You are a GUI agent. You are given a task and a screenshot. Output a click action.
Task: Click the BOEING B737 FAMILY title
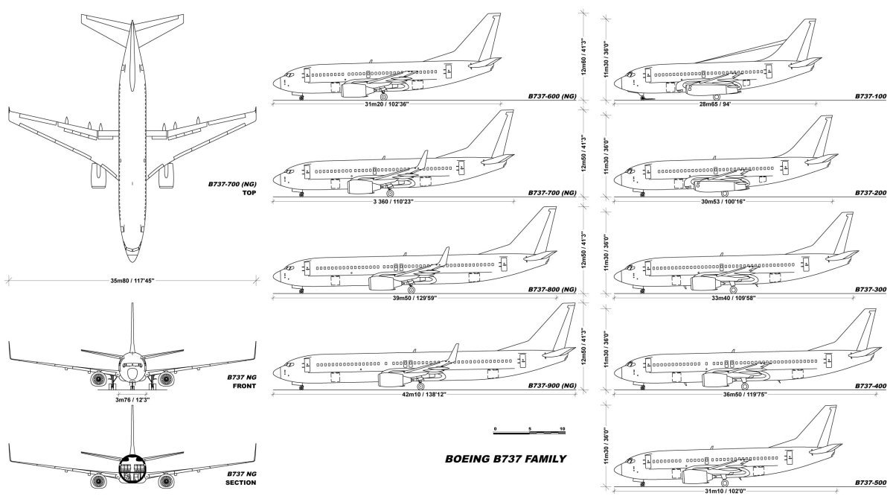click(x=506, y=459)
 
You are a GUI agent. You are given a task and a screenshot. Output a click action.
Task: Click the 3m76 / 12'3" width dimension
click(x=131, y=399)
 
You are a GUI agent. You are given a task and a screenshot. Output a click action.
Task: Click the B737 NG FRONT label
click(x=241, y=382)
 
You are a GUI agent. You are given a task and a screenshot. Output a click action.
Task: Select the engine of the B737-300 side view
click(x=705, y=283)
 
